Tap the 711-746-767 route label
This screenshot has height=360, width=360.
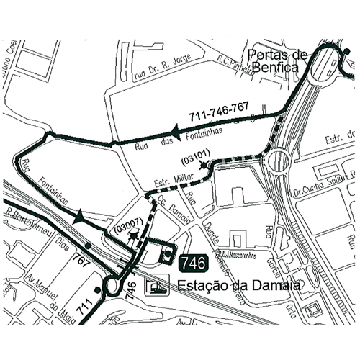(219, 111)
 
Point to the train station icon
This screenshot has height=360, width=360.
(156, 287)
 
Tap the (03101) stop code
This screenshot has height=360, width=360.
(196, 153)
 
